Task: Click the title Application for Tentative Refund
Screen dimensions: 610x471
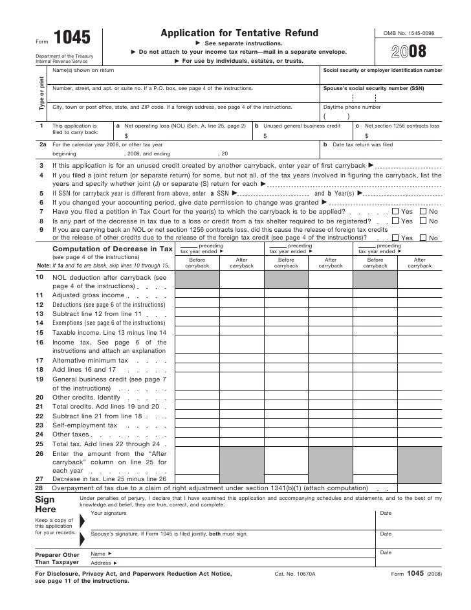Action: (x=239, y=33)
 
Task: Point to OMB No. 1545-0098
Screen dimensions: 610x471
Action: (x=409, y=32)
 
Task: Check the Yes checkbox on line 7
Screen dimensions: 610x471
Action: (x=396, y=212)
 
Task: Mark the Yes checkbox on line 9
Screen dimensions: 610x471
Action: (x=396, y=238)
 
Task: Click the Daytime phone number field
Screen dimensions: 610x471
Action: (x=382, y=117)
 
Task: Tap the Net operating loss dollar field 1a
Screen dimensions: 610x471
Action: (x=184, y=136)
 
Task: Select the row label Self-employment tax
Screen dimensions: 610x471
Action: (x=85, y=425)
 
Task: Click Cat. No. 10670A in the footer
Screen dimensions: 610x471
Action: (x=294, y=574)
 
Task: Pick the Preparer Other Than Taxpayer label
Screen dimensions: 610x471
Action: (x=56, y=558)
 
